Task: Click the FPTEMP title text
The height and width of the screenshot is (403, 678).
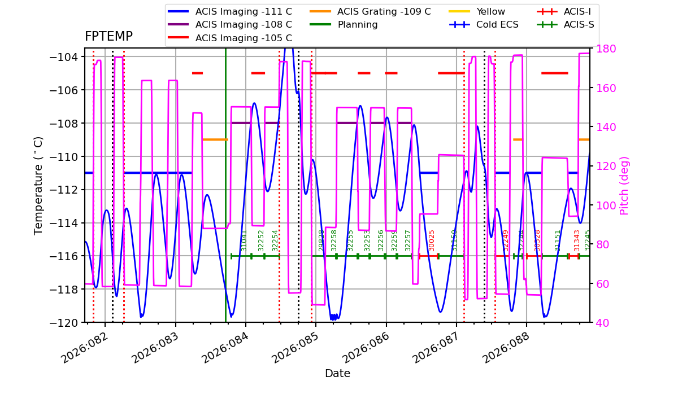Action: (108, 37)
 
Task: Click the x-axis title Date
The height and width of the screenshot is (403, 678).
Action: (337, 374)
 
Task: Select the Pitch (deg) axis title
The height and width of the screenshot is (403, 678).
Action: (624, 185)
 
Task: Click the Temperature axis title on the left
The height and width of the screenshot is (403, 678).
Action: (38, 185)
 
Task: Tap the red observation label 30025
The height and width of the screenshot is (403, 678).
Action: (432, 240)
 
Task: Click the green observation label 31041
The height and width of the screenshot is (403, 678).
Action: (244, 240)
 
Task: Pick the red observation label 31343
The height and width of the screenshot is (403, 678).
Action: (577, 240)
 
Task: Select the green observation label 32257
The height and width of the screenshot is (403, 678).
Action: (408, 240)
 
